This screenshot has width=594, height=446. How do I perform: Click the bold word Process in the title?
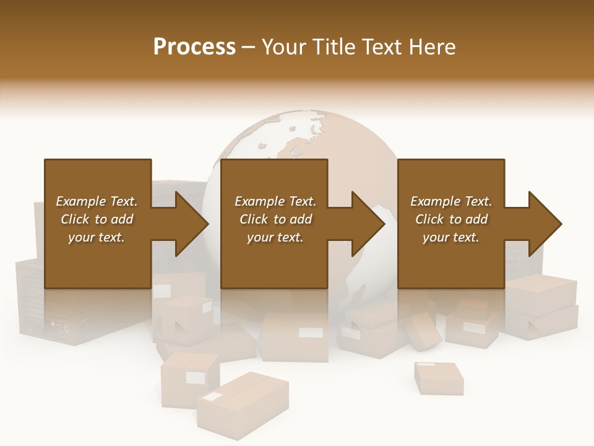point(194,46)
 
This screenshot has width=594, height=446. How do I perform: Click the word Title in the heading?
point(332,46)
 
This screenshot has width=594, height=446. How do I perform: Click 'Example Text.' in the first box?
point(97,201)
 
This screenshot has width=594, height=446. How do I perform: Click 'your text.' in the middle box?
point(275,237)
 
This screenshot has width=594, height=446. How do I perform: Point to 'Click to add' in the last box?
point(451,219)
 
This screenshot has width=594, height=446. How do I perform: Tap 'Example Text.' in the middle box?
point(275,201)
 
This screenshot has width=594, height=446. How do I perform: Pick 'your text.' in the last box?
point(450,237)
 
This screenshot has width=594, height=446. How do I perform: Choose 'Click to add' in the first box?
point(97,219)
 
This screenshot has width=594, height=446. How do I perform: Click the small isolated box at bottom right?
point(439,378)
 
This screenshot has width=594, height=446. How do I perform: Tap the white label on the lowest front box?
point(213,397)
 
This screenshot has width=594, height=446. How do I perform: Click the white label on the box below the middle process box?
point(310,333)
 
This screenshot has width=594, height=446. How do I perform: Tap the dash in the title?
point(248,48)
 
